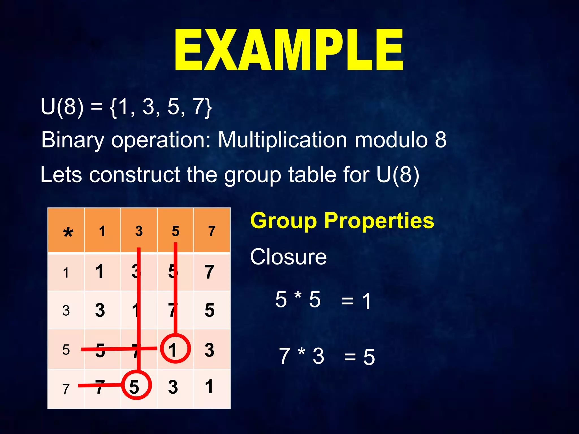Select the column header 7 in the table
point(212,231)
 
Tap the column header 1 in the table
point(102,231)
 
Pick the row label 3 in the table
point(66,311)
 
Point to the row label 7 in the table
point(66,389)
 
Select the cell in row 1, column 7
point(209,272)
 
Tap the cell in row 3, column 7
point(209,310)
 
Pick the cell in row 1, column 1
point(100,271)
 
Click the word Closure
point(288,257)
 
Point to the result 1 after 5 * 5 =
point(366,301)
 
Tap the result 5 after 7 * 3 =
point(369,357)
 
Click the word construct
point(135,174)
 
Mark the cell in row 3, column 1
point(100,310)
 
